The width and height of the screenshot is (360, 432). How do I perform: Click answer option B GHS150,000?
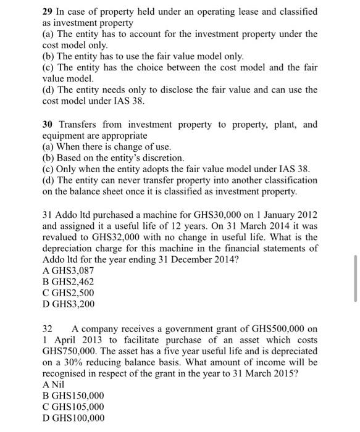73,396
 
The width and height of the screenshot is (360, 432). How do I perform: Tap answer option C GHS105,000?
73,407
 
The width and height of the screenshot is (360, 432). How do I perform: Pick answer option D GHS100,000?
73,418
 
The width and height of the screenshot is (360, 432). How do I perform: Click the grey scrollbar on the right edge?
355,277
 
